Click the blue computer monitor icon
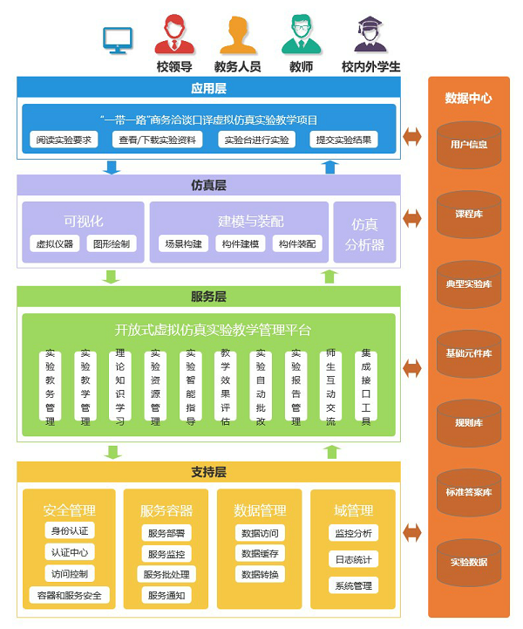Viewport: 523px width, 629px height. (118, 39)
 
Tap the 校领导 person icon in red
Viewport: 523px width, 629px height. (174, 35)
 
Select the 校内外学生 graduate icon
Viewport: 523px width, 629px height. (370, 35)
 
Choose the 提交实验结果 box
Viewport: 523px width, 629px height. (343, 140)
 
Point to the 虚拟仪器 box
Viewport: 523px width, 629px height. (53, 244)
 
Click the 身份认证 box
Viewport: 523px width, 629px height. (69, 530)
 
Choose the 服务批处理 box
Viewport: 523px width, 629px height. (166, 574)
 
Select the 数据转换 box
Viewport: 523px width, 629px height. (260, 574)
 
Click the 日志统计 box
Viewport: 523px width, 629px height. (352, 559)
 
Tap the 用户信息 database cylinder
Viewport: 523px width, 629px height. (468, 145)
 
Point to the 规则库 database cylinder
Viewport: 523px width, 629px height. (468, 423)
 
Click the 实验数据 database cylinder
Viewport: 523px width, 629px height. (468, 562)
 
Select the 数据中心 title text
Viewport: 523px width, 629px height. (468, 99)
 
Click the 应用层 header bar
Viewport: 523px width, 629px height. (208, 87)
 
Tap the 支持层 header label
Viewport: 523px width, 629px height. (208, 472)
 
